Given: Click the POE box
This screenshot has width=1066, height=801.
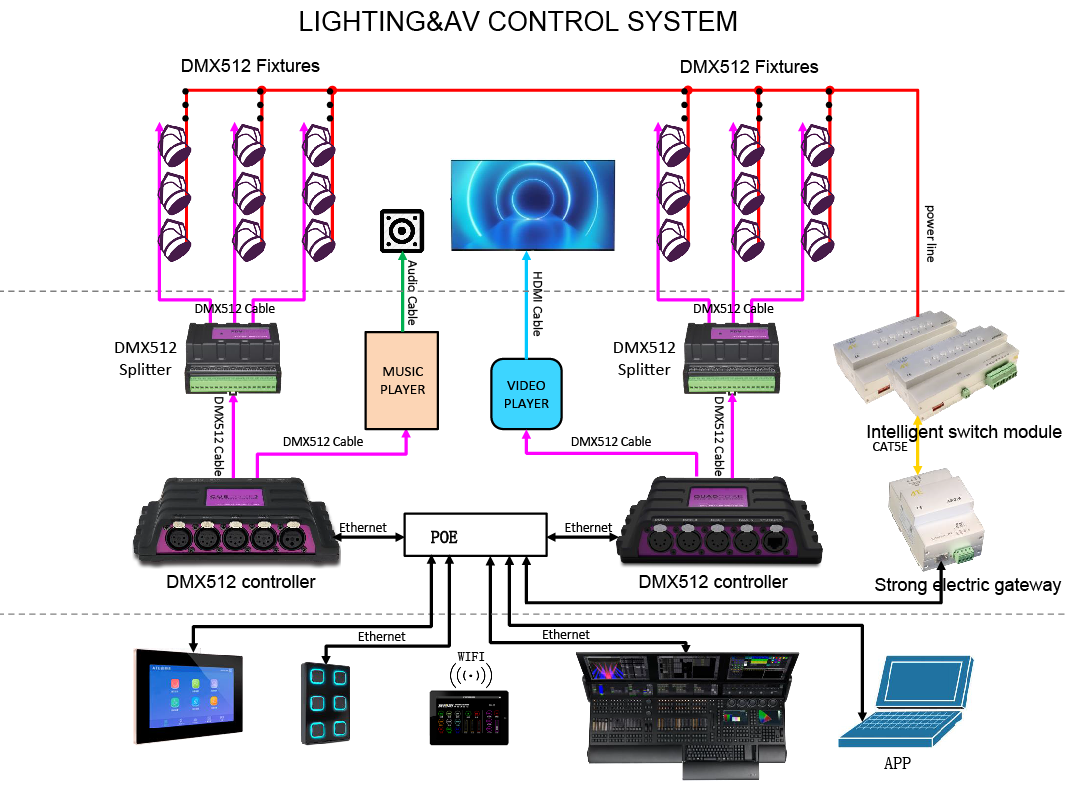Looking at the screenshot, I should (476, 535).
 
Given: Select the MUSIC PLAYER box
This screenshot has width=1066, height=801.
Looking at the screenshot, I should (403, 381).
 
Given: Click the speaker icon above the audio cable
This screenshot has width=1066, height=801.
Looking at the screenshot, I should (402, 232).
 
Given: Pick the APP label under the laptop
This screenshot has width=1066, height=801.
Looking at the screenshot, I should (897, 764).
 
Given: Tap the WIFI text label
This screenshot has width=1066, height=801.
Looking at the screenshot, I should (470, 656).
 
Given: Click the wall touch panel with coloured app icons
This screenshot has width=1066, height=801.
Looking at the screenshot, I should (188, 696).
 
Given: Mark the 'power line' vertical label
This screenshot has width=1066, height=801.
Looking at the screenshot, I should (930, 233).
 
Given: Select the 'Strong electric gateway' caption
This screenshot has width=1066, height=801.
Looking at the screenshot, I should (967, 585).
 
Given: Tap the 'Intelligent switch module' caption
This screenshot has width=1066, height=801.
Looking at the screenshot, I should (963, 432).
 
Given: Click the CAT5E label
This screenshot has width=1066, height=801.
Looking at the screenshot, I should (890, 447).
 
